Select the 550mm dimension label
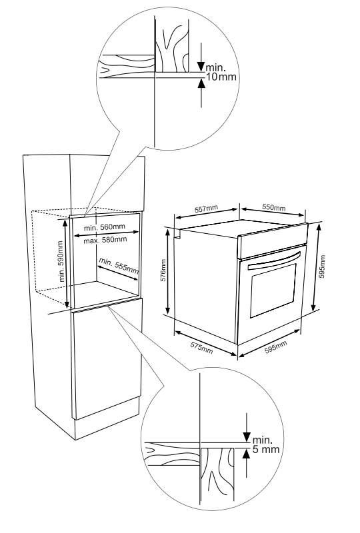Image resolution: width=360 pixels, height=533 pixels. pyautogui.click(x=273, y=208)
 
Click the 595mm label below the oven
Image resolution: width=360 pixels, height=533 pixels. pyautogui.click(x=275, y=347)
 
